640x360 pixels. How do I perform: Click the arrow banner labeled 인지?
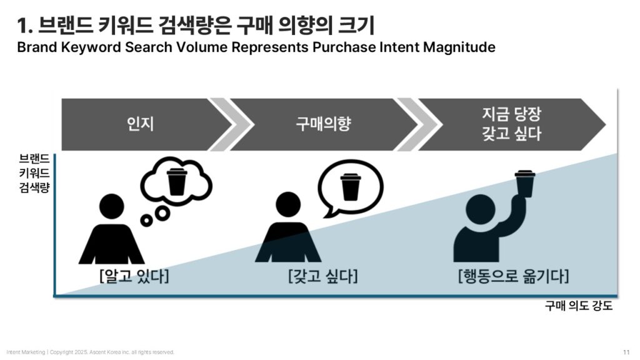pyautogui.click(x=141, y=124)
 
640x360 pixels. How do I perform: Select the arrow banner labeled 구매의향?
pyautogui.click(x=322, y=124)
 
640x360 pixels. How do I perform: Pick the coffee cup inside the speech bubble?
pyautogui.click(x=351, y=187)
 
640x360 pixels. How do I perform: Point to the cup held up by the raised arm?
pyautogui.click(x=525, y=183)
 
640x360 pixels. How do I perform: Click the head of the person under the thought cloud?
pyautogui.click(x=111, y=206)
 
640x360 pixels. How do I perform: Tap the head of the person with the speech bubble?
pyautogui.click(x=288, y=204)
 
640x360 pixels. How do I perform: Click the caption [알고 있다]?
pyautogui.click(x=134, y=276)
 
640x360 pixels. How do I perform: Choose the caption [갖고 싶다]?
pyautogui.click(x=323, y=276)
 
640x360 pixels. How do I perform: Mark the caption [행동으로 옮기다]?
pyautogui.click(x=514, y=276)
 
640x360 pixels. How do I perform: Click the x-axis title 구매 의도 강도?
pyautogui.click(x=579, y=306)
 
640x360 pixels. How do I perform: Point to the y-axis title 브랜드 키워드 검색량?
pyautogui.click(x=34, y=173)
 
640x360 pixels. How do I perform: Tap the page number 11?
pyautogui.click(x=626, y=352)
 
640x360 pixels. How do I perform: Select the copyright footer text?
pyautogui.click(x=90, y=352)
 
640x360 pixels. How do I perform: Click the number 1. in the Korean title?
pyautogui.click(x=25, y=26)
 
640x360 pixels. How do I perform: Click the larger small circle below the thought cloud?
pyautogui.click(x=163, y=212)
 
